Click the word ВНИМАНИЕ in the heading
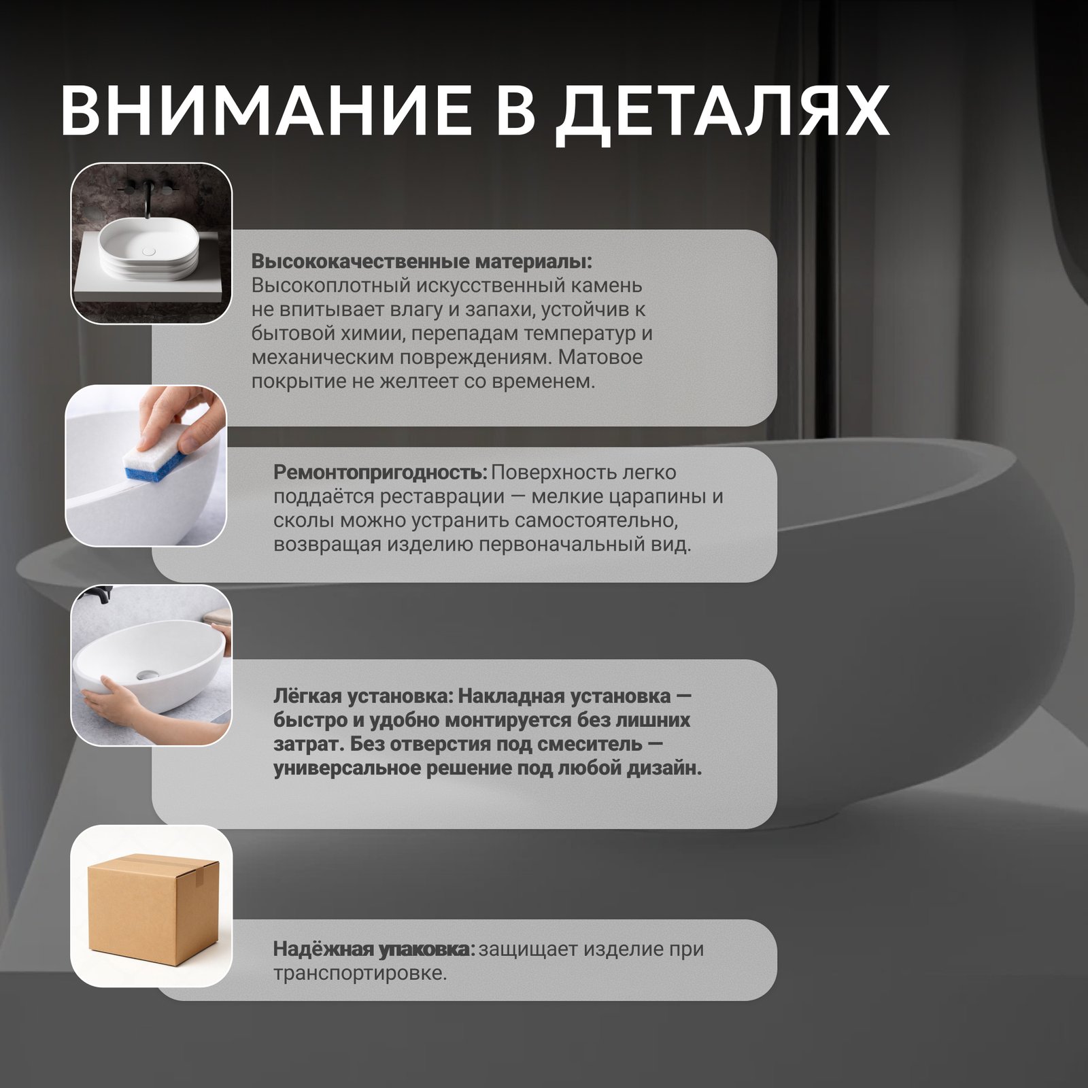coord(265,110)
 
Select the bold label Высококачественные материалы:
coord(422,262)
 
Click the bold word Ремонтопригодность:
coord(380,473)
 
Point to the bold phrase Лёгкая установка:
coord(362,696)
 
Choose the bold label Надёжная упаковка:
coord(374,949)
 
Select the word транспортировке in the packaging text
coord(360,974)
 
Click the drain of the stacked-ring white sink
coord(149,251)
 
